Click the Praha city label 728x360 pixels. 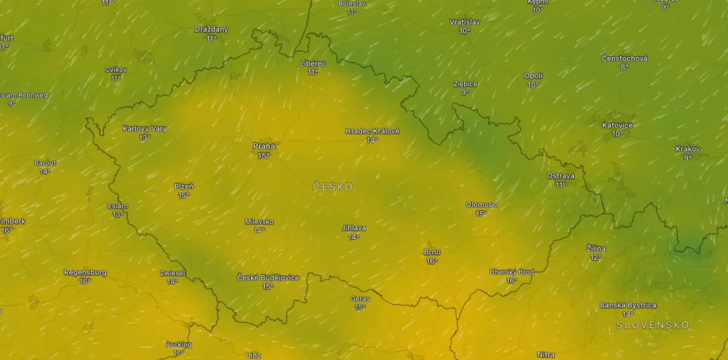[264, 146]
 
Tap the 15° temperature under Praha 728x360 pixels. [264, 156]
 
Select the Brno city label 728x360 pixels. [432, 252]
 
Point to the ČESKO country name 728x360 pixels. [333, 187]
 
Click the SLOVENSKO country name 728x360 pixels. [653, 325]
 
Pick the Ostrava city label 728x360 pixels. [561, 175]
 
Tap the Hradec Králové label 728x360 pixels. [372, 131]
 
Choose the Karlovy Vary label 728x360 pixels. [144, 129]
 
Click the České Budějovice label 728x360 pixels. [268, 277]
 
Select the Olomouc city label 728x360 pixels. [481, 205]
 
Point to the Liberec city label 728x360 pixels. [313, 63]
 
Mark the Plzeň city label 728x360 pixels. [184, 186]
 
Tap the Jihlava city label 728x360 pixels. [354, 228]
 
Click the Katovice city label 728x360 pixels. [618, 125]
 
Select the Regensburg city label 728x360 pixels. [85, 273]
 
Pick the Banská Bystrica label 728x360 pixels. [628, 305]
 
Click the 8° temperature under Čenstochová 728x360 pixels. [624, 67]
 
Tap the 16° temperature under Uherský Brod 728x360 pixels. [511, 281]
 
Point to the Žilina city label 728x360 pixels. [596, 248]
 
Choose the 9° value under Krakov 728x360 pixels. [688, 158]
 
